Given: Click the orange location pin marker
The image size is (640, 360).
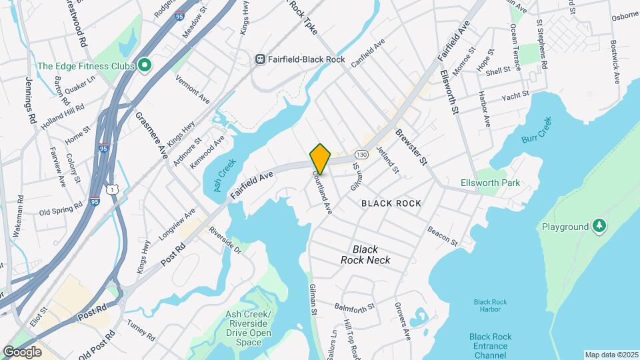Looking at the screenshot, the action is [321, 159].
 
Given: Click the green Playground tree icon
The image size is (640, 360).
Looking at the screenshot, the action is [600, 227].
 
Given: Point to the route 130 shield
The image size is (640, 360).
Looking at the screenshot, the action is [361, 153].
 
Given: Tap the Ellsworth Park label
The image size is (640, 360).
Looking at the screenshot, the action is [490, 183].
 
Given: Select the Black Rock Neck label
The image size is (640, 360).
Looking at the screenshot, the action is [365, 255].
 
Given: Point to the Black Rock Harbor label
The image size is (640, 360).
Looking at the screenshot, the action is [490, 306].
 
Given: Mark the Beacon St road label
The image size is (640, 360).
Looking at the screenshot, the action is [443, 234].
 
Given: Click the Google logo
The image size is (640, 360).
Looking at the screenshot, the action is [23, 351].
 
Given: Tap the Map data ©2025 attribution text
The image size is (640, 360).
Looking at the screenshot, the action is [611, 355].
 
